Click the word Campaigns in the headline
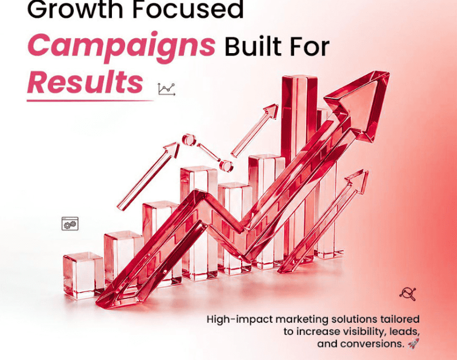(121, 47)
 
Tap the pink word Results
(85, 82)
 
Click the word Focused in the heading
(188, 9)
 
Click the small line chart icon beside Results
(167, 89)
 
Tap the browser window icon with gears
(70, 223)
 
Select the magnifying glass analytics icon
(408, 294)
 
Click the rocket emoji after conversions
(414, 343)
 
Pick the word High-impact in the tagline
(240, 319)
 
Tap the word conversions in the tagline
(371, 344)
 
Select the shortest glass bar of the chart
(83, 275)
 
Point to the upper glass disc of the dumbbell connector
(189, 139)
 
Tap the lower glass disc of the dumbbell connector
(226, 166)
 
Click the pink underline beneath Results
(90, 101)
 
